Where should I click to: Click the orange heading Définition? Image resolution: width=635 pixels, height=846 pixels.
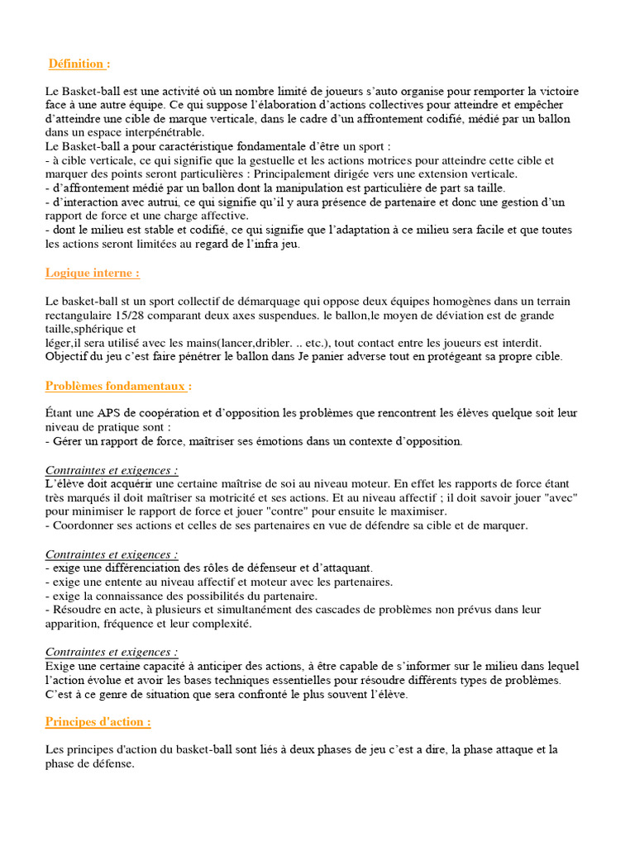pyautogui.click(x=79, y=64)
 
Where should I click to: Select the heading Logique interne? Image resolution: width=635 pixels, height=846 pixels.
pyautogui.click(x=92, y=273)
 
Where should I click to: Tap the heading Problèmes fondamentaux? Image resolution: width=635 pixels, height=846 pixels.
pyautogui.click(x=118, y=386)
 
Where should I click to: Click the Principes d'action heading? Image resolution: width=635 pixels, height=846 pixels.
pyautogui.click(x=98, y=722)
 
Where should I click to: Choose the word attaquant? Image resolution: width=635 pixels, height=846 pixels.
pyautogui.click(x=346, y=568)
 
